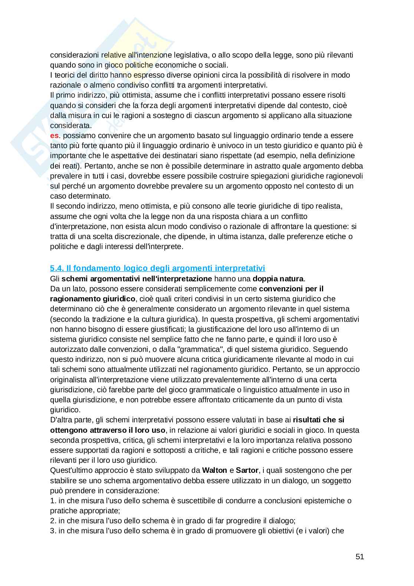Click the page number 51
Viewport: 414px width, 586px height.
click(359, 557)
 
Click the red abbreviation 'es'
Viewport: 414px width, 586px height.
click(54, 135)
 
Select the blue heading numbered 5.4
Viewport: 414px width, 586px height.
click(157, 268)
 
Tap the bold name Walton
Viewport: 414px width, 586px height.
click(214, 470)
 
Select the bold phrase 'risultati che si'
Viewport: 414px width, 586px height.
click(318, 420)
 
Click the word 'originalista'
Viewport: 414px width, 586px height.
click(70, 380)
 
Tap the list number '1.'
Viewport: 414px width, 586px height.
click(53, 501)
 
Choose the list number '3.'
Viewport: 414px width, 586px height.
click(53, 531)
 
